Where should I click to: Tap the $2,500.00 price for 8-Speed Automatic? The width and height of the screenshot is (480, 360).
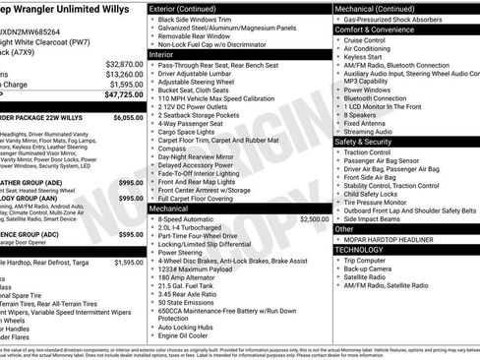pos(315,218)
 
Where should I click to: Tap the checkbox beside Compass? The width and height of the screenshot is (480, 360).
pos(152,147)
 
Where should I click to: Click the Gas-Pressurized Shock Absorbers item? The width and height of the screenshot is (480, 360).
pos(399,19)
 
